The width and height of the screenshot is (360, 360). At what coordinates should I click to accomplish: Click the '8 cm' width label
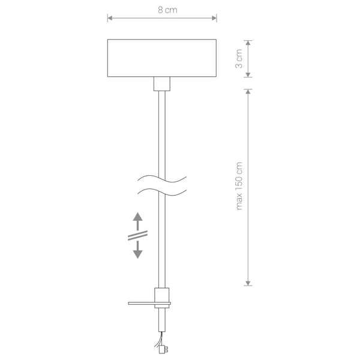pyautogui.click(x=162, y=10)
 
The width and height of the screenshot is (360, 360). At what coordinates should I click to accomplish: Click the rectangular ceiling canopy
pyautogui.click(x=162, y=58)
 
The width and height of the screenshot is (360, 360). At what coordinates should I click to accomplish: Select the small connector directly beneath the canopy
pyautogui.click(x=160, y=83)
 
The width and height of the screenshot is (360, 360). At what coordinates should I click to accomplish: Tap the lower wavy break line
pyautogui.click(x=162, y=192)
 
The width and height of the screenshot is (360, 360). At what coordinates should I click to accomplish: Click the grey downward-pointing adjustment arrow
pyautogui.click(x=137, y=251)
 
